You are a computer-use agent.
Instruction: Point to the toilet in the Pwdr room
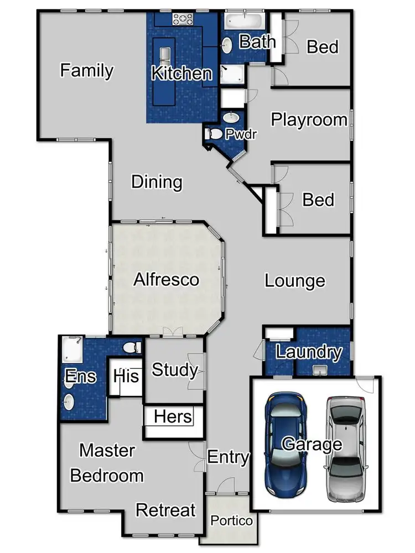(212, 133)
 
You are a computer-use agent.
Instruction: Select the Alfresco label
(166, 279)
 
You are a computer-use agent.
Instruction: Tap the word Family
(87, 71)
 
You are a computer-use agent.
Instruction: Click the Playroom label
(309, 119)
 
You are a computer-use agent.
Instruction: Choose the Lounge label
(294, 280)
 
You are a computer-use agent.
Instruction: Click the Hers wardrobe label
(173, 416)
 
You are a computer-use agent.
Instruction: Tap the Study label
(174, 369)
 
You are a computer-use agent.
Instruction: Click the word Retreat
(166, 509)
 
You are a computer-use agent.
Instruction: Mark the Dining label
(157, 182)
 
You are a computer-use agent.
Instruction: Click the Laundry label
(309, 352)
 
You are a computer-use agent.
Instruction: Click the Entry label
(228, 457)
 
